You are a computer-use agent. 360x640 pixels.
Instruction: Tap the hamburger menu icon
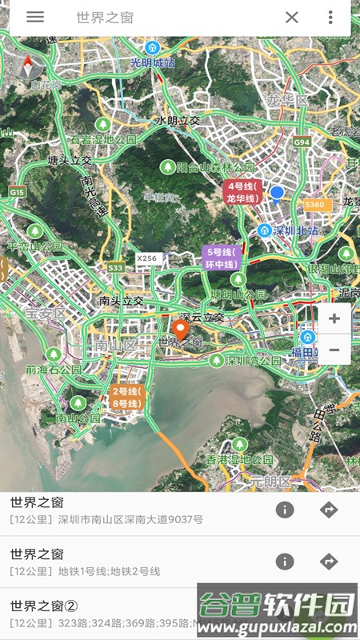click(x=35, y=17)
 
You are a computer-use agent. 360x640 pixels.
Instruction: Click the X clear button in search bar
click(x=292, y=18)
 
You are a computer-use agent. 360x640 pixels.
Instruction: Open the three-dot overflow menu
click(x=330, y=18)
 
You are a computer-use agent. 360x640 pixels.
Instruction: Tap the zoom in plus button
click(x=334, y=319)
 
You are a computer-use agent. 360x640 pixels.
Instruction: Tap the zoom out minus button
click(x=334, y=350)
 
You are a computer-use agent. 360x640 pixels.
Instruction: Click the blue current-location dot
click(x=277, y=192)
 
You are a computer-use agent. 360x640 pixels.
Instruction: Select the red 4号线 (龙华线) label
click(x=242, y=193)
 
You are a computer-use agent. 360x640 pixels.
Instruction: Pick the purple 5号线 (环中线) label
click(x=222, y=258)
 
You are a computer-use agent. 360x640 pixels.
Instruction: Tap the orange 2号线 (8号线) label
click(x=126, y=398)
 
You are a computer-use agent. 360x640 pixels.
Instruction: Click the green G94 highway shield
click(x=302, y=142)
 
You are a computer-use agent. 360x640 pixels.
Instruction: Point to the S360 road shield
click(x=315, y=205)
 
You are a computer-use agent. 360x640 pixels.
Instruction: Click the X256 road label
click(x=147, y=258)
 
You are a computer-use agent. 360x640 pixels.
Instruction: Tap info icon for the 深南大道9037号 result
click(x=285, y=510)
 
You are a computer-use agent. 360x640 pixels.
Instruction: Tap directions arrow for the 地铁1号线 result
click(x=329, y=562)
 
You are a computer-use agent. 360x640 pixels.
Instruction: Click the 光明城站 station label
click(x=153, y=62)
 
